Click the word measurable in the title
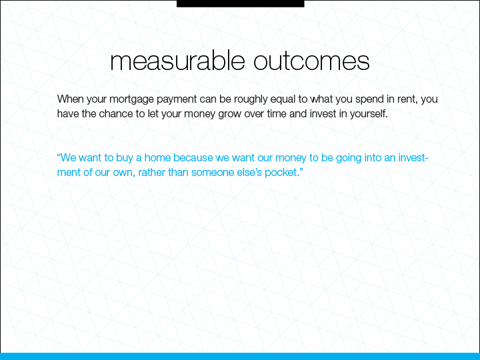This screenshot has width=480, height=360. [177, 61]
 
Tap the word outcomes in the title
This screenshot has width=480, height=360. [311, 61]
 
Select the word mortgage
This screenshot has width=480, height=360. [131, 100]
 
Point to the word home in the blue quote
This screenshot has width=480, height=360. [157, 157]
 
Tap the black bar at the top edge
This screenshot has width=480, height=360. [240, 3]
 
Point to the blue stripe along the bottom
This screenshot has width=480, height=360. [240, 356]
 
